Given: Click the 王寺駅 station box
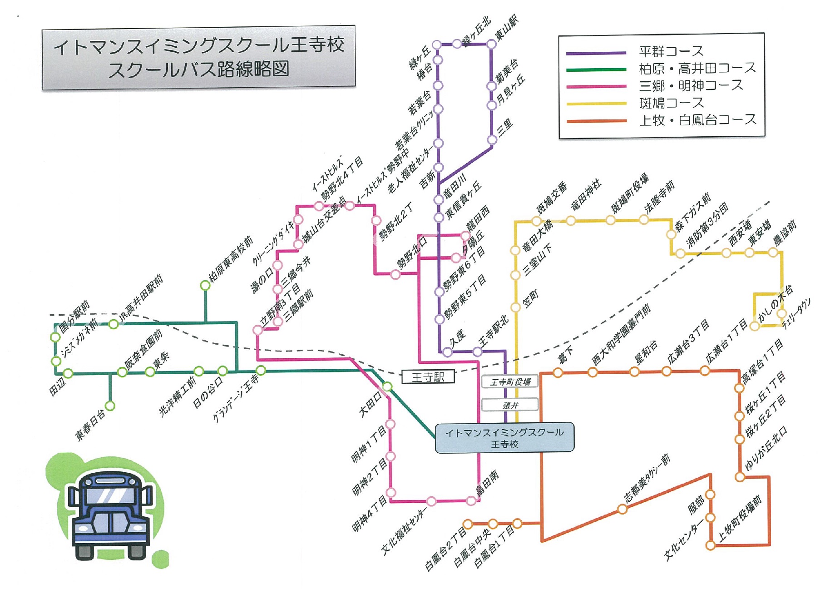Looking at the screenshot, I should tap(428, 377).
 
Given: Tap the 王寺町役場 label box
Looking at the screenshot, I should tap(510, 382).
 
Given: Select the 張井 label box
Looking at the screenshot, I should tap(510, 405).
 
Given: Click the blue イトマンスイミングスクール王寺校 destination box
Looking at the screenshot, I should tap(504, 438).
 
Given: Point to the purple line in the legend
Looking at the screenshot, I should tap(596, 53).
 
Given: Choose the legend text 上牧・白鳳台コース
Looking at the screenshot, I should tap(697, 120).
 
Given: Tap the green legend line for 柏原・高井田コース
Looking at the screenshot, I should tap(596, 69).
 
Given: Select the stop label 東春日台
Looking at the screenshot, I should tap(90, 425).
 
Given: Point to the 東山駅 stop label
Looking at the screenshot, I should tap(506, 28).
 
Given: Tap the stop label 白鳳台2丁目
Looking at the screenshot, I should tap(445, 550).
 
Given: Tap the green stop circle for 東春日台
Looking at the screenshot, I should tap(110, 406).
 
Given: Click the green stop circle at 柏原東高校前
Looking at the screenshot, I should tap(205, 285).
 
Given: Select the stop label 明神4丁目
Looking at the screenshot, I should tap(370, 514).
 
